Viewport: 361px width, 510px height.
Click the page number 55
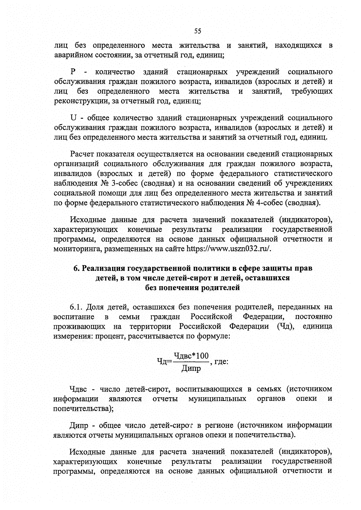pos(197,31)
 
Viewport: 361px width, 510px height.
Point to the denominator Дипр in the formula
pos(191,368)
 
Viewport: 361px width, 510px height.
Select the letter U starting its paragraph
pos(72,117)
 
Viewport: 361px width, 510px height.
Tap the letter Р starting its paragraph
pos(73,72)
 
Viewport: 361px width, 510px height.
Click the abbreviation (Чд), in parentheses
pos(285,327)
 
